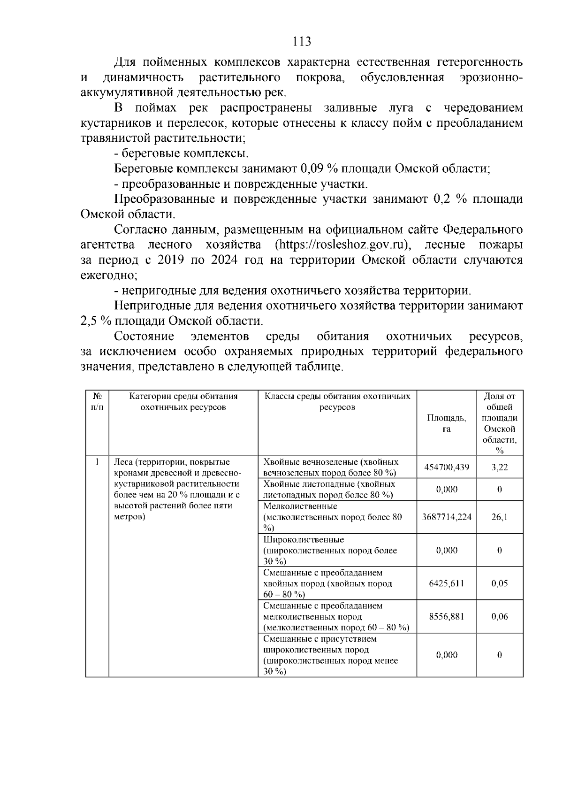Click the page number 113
pyautogui.click(x=302, y=41)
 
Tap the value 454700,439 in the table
pyautogui.click(x=446, y=467)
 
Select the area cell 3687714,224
pyautogui.click(x=446, y=517)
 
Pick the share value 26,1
pyautogui.click(x=499, y=517)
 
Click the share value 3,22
pyautogui.click(x=499, y=467)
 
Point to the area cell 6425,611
pyautogui.click(x=446, y=583)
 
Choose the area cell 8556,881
pyautogui.click(x=446, y=616)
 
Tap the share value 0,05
pyautogui.click(x=499, y=583)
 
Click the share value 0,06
pyautogui.click(x=499, y=616)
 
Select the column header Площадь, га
pyautogui.click(x=446, y=423)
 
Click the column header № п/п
pyautogui.click(x=97, y=402)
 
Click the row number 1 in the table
pyautogui.click(x=97, y=462)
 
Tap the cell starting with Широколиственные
pyautogui.click(x=330, y=550)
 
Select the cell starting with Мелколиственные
pyautogui.click(x=332, y=517)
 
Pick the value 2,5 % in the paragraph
pyautogui.click(x=92, y=322)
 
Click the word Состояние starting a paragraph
pyautogui.click(x=144, y=337)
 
